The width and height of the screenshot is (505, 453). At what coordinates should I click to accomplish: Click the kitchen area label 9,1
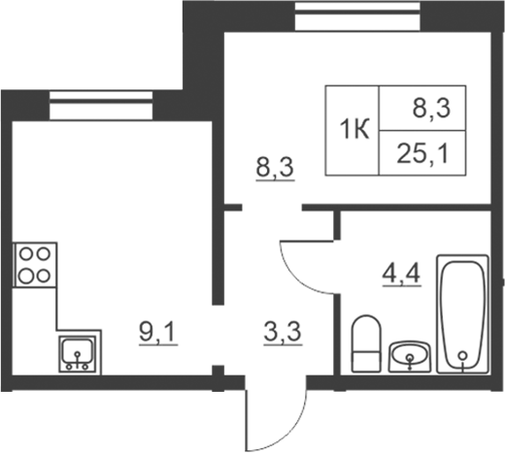(x=158, y=334)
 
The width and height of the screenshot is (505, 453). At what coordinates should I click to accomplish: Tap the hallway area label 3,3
(x=283, y=334)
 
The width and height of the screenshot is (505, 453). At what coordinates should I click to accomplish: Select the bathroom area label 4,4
(x=401, y=275)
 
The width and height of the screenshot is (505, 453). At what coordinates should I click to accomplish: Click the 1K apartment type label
(x=354, y=130)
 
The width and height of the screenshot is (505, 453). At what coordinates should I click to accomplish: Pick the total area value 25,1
(x=423, y=154)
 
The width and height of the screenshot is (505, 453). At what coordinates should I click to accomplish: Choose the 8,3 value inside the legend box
(x=431, y=109)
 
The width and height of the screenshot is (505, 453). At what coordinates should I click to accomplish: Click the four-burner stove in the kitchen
(x=35, y=265)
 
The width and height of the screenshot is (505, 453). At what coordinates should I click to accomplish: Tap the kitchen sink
(x=77, y=354)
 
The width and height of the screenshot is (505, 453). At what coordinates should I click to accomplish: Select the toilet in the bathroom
(x=366, y=343)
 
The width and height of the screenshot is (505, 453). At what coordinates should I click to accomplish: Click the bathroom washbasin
(x=410, y=357)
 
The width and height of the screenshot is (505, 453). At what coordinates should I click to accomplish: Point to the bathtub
(x=463, y=314)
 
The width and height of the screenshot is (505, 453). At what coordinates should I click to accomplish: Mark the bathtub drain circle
(x=463, y=356)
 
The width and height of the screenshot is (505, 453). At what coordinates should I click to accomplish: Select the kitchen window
(x=101, y=105)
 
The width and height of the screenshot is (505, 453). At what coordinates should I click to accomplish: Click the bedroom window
(x=357, y=16)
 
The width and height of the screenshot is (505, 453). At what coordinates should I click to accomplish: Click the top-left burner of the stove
(x=27, y=254)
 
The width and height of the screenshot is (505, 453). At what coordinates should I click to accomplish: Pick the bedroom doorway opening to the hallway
(x=272, y=208)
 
